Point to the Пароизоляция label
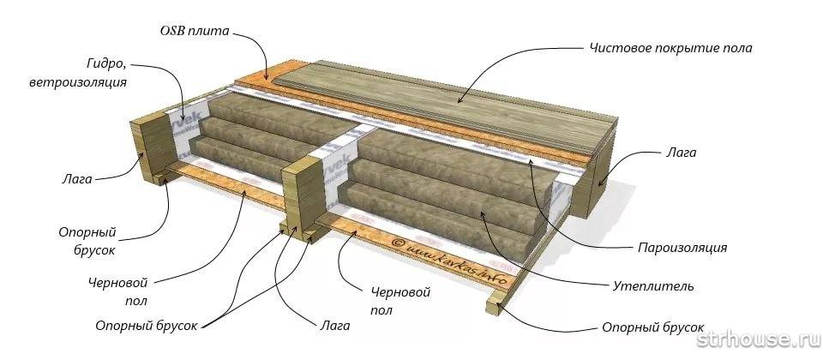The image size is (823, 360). click(682, 248)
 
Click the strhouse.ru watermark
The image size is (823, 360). click(758, 342)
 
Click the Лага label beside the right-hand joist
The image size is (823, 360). click(682, 153)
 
